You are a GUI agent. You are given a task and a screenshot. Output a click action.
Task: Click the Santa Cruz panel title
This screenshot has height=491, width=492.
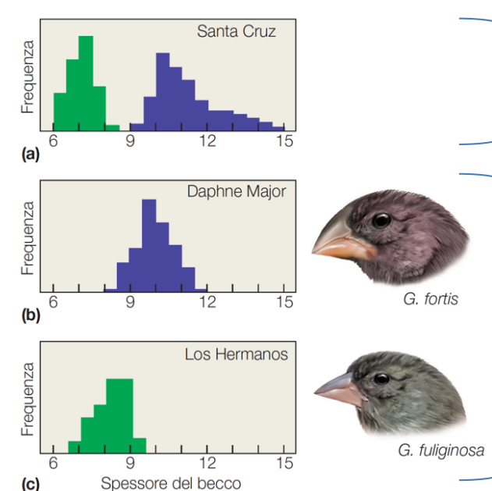236,32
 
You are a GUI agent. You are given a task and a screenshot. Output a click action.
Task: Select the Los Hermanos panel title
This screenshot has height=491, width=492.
236,354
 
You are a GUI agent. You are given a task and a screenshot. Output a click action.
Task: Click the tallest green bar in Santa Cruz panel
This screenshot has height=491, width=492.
86,82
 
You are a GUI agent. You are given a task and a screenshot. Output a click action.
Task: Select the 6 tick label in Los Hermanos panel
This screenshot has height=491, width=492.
53,464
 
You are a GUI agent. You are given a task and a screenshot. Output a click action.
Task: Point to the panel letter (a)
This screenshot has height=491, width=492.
30,155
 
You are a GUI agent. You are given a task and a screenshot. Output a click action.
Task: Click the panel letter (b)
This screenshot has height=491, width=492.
30,317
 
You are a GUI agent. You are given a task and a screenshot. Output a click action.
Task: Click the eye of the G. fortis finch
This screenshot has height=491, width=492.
381,220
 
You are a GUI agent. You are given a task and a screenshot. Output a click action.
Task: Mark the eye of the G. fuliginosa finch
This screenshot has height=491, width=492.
382,379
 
